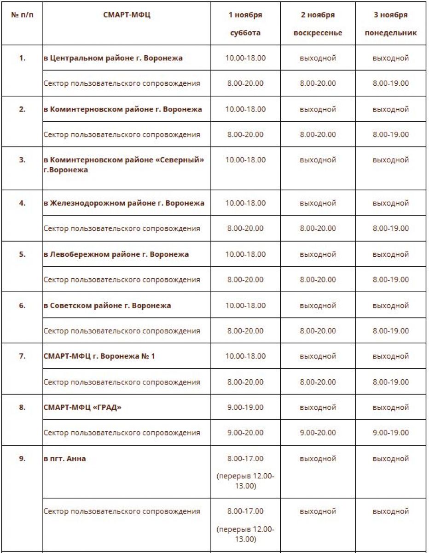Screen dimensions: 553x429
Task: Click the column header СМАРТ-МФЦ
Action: pyautogui.click(x=127, y=15)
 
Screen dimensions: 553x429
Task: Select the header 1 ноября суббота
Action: pyautogui.click(x=245, y=24)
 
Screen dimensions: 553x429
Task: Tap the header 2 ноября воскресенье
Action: pyautogui.click(x=318, y=24)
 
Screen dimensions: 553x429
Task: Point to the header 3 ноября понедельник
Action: pyautogui.click(x=391, y=24)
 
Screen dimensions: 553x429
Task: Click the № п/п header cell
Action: pyautogui.click(x=22, y=15)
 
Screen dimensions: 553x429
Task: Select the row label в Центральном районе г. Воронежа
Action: pyautogui.click(x=113, y=58)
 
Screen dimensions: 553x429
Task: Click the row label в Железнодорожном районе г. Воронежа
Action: pyautogui.click(x=124, y=203)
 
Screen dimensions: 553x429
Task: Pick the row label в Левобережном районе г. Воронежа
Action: pyautogui.click(x=116, y=254)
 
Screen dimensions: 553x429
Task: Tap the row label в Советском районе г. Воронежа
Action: pyautogui.click(x=107, y=306)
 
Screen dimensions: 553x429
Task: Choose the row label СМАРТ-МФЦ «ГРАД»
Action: pyautogui.click(x=82, y=407)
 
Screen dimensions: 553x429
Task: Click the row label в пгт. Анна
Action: pyautogui.click(x=64, y=459)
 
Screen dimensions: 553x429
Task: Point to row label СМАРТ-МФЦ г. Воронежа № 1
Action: pyautogui.click(x=99, y=356)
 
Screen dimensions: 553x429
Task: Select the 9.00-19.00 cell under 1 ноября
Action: pyautogui.click(x=245, y=407)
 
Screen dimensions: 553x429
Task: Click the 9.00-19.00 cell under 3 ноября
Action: pyautogui.click(x=391, y=433)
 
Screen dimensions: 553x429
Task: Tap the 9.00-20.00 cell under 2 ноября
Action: pyautogui.click(x=318, y=433)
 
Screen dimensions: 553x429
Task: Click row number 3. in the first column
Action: pyautogui.click(x=22, y=160)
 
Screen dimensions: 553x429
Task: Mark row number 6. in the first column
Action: pyautogui.click(x=22, y=306)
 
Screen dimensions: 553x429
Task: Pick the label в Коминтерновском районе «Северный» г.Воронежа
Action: pyautogui.click(x=124, y=165)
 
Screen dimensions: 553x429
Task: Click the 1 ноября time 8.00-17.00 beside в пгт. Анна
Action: pyautogui.click(x=245, y=459)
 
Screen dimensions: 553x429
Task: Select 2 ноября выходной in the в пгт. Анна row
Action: pyautogui.click(x=318, y=459)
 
